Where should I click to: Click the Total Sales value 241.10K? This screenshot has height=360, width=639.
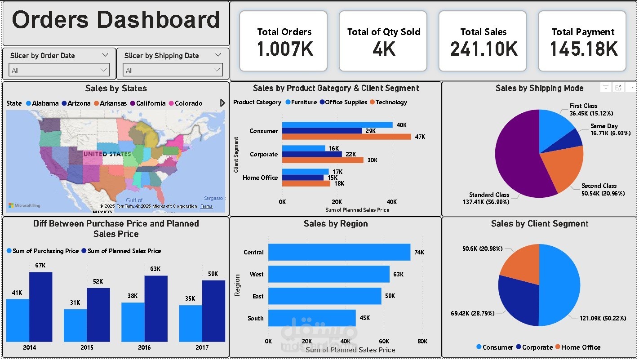coord(484,49)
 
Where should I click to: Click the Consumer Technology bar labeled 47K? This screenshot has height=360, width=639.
coord(346,137)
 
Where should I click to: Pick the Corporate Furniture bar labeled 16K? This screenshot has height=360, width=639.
coord(304,148)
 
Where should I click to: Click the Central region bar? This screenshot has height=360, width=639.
coord(339,252)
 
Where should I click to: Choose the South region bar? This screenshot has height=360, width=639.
coord(312,318)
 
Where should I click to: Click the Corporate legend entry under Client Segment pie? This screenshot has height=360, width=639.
coord(534,347)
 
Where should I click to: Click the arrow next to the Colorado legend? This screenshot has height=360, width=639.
coord(222,103)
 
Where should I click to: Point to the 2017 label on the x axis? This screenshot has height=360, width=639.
coord(202,347)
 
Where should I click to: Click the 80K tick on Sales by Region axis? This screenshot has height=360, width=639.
coord(422,341)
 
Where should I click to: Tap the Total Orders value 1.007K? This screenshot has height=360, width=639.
coord(284,49)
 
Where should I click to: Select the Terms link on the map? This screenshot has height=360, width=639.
coord(206,206)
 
